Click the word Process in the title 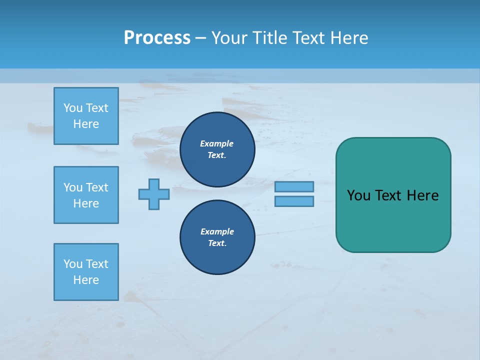click(x=157, y=38)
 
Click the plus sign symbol click(x=154, y=194)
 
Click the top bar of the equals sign click(x=294, y=186)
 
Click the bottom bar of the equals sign click(x=294, y=201)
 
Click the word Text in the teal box click(x=389, y=195)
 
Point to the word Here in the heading click(x=349, y=38)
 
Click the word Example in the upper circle click(x=216, y=143)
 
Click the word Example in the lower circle click(x=217, y=231)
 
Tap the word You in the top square click(x=73, y=108)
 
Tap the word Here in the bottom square click(x=86, y=280)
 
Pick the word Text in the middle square click(x=97, y=187)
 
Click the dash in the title click(x=201, y=38)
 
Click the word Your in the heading click(x=229, y=38)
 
